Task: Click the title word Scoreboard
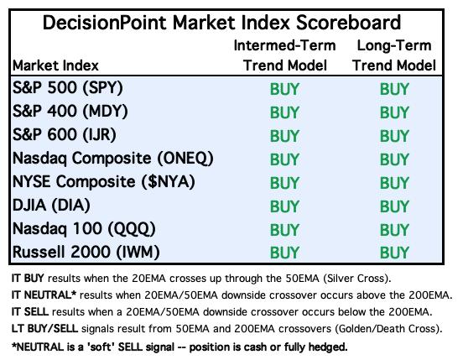(348, 23)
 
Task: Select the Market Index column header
(55, 65)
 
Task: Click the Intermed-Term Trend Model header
(284, 55)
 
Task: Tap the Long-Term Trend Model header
(394, 55)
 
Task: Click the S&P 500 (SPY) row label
(68, 88)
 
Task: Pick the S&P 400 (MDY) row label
(70, 112)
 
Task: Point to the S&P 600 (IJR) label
(65, 134)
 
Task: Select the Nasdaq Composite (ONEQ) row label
(112, 159)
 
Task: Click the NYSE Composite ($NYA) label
(104, 181)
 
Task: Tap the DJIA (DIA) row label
(51, 206)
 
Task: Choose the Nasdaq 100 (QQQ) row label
(84, 229)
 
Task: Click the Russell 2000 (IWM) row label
(86, 253)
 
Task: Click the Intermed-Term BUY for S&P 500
(284, 89)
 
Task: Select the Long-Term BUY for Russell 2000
(394, 253)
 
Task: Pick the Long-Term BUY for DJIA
(394, 206)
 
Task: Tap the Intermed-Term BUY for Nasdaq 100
(284, 230)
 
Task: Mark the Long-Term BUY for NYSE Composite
(394, 183)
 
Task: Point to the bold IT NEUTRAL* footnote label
(44, 295)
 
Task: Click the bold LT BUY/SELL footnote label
(44, 329)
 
